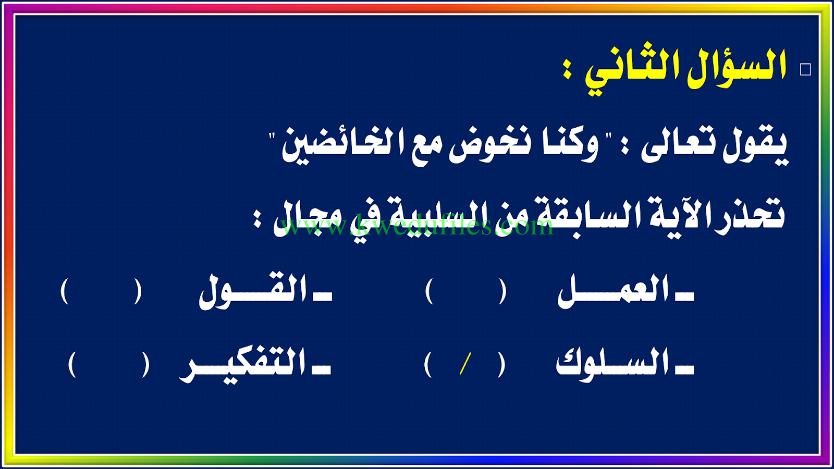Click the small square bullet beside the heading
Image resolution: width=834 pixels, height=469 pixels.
(805, 70)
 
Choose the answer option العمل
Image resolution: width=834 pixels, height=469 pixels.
(625, 292)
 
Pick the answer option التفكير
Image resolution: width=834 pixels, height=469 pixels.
(255, 365)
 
